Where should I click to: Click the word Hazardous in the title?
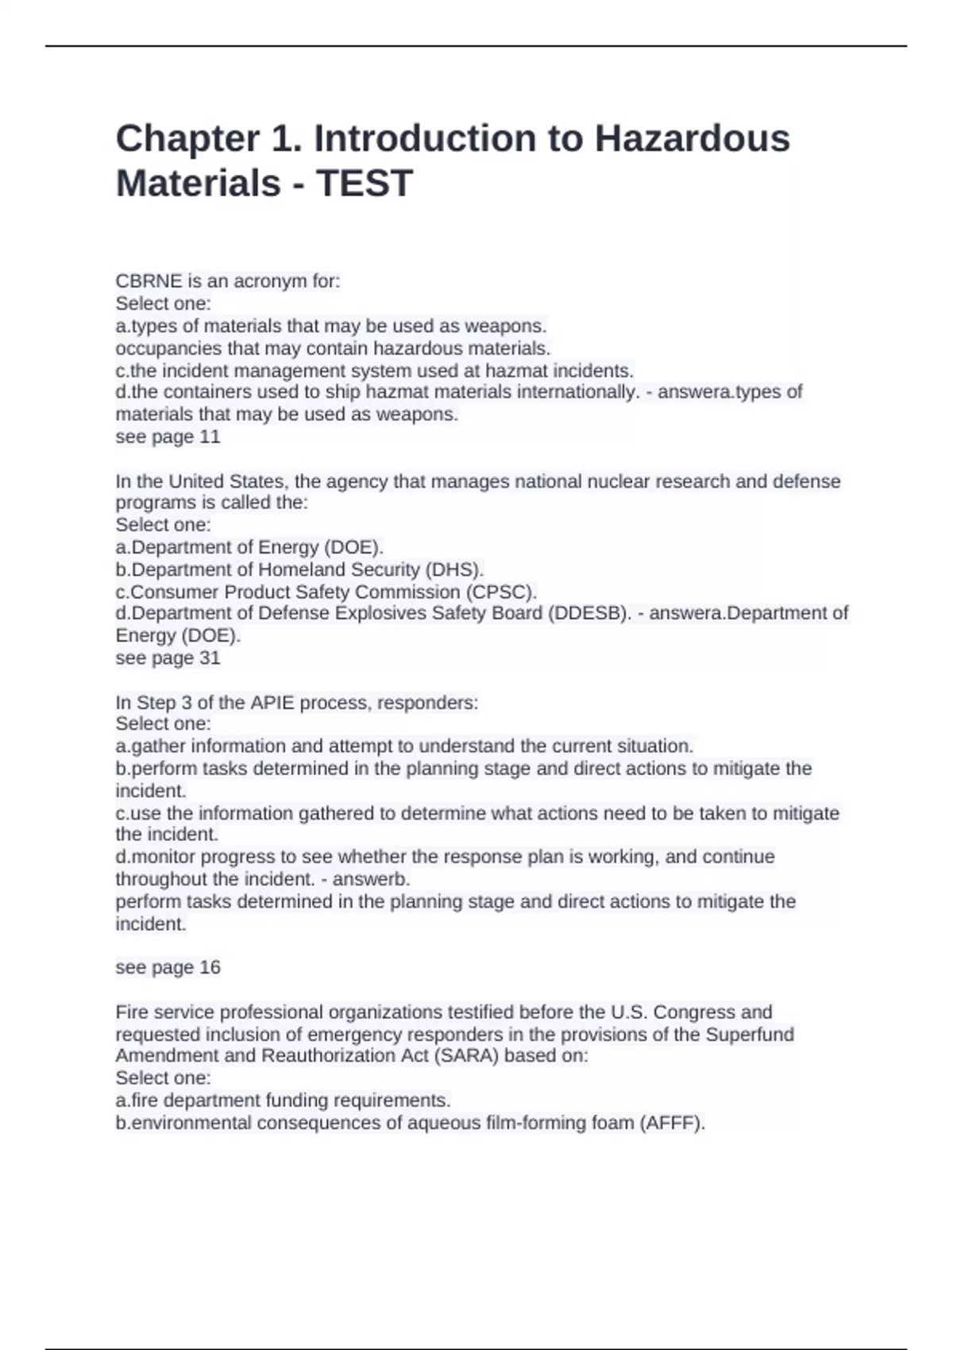pyautogui.click(x=692, y=139)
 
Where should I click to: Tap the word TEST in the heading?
pyautogui.click(x=365, y=183)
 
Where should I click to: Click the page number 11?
pyautogui.click(x=210, y=437)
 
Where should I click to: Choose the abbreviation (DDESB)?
pyautogui.click(x=588, y=613)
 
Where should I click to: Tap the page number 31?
pyautogui.click(x=210, y=658)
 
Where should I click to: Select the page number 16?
pyautogui.click(x=210, y=967)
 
